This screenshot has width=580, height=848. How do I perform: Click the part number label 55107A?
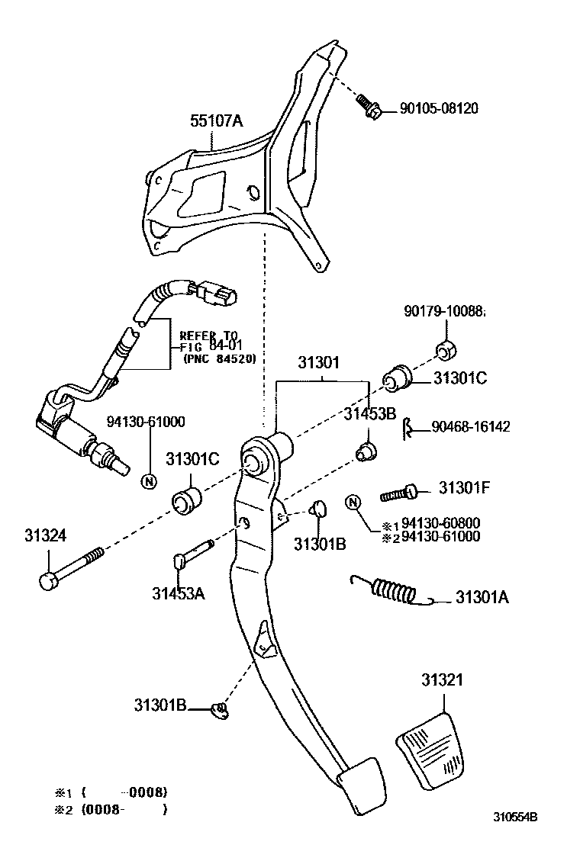(x=217, y=120)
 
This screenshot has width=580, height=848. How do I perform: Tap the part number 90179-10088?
(x=444, y=312)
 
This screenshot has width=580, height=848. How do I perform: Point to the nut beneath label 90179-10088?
(x=446, y=351)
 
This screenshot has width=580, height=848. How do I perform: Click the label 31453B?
(x=369, y=414)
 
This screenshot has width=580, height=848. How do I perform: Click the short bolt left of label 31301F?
(x=399, y=493)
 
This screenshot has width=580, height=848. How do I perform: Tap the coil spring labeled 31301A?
(x=394, y=589)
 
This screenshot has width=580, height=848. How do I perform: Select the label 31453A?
(x=178, y=593)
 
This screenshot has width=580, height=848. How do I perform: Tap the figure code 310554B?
(x=515, y=816)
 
